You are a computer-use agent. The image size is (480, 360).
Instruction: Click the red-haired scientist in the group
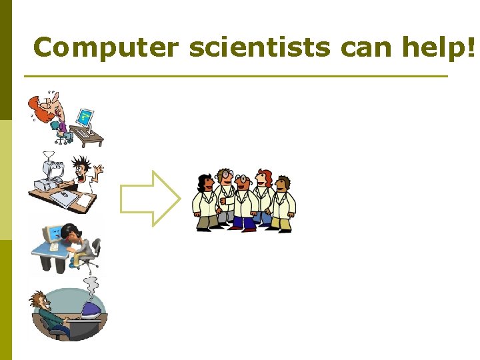pyautogui.click(x=265, y=193)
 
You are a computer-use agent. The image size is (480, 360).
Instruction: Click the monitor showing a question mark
pyautogui.click(x=84, y=118)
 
